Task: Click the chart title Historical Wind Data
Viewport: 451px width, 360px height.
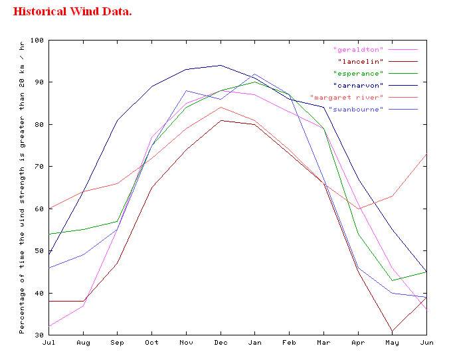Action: pos(72,12)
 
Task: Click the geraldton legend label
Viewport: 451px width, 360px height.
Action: pos(358,50)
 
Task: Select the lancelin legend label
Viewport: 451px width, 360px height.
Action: pos(360,62)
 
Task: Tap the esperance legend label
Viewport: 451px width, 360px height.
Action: pos(358,74)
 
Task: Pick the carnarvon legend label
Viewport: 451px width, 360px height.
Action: pos(358,86)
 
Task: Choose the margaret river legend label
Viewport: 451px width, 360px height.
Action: pos(346,98)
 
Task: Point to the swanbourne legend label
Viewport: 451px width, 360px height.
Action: pos(355,110)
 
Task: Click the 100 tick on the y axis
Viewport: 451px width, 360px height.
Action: pos(37,41)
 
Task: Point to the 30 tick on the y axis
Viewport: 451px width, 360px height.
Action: pos(39,335)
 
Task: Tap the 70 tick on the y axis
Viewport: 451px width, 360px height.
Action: pos(39,167)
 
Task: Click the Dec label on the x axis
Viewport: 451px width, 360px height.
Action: pos(221,343)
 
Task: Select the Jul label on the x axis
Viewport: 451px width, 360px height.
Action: pos(48,343)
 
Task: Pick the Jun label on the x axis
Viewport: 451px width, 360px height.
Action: pos(426,343)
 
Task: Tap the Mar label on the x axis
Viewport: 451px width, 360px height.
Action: pos(323,343)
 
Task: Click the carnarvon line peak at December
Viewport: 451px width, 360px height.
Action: pos(221,65)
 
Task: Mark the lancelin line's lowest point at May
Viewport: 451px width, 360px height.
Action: pos(392,331)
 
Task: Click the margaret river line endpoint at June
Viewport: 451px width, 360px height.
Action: pos(426,154)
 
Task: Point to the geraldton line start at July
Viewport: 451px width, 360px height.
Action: pos(48,326)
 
